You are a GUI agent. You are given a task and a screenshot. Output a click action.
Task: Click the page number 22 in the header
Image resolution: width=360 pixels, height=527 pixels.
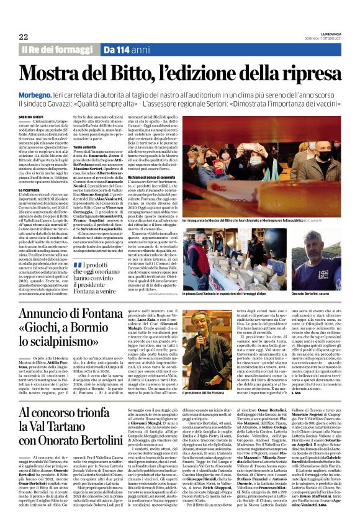click(x=25, y=37)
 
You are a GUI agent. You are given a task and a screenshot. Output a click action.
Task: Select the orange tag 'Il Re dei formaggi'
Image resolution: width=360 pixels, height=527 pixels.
click(x=58, y=49)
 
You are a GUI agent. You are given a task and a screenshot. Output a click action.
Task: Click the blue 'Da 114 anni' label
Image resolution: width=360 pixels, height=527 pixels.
click(x=127, y=49)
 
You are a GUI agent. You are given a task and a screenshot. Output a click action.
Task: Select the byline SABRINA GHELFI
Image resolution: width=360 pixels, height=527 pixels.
click(x=30, y=115)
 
